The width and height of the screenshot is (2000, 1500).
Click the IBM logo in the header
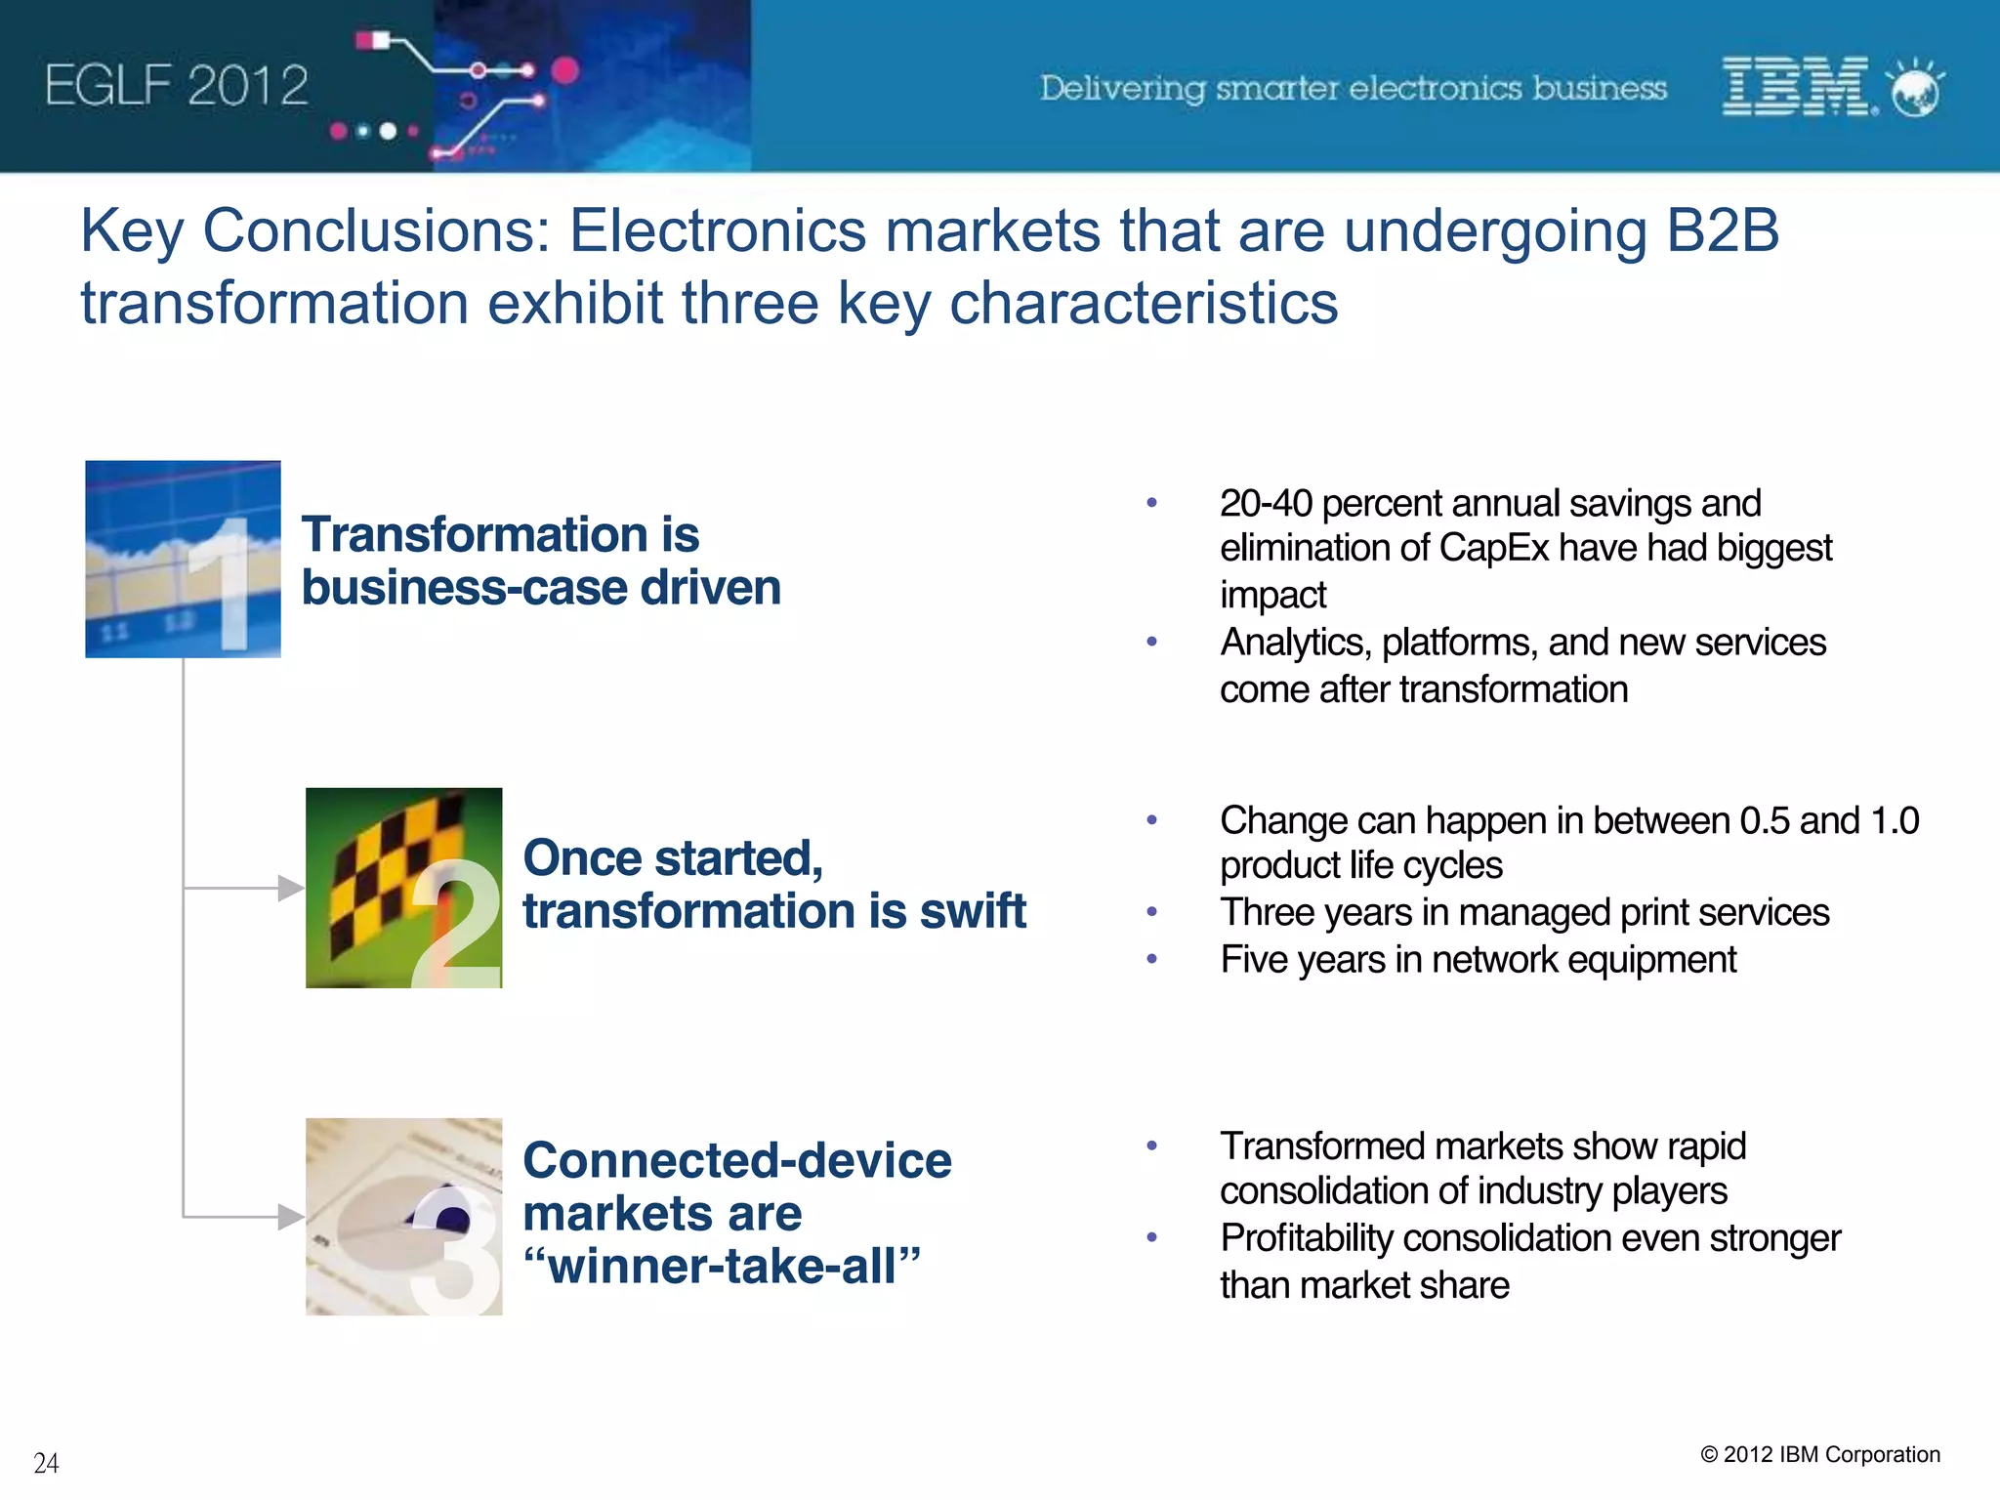[1795, 86]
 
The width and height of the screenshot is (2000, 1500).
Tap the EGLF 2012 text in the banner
[177, 86]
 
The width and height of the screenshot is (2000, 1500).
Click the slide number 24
[46, 1463]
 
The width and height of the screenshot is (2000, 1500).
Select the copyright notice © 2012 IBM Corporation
[1819, 1454]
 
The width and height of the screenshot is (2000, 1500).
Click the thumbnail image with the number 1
[183, 559]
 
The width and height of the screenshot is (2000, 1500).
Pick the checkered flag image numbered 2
[403, 888]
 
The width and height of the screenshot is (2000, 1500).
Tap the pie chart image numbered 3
[403, 1216]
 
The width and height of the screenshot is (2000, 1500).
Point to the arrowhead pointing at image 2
[291, 888]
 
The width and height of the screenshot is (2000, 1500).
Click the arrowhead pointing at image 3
[291, 1217]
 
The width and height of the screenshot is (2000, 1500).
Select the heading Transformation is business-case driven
[540, 562]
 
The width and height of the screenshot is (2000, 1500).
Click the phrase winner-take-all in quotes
[723, 1267]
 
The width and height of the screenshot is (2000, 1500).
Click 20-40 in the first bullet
[1266, 504]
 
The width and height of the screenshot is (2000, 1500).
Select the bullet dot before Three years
[1152, 912]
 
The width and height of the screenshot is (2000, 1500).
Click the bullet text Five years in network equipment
[1478, 960]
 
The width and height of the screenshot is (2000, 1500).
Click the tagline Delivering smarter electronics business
[1353, 88]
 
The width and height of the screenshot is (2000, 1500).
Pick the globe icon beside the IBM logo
[1915, 88]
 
